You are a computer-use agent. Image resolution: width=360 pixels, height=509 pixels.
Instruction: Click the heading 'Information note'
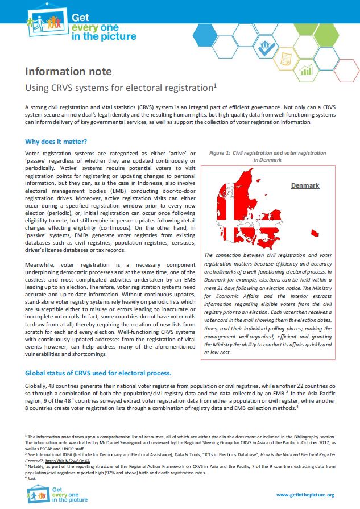coord(68,72)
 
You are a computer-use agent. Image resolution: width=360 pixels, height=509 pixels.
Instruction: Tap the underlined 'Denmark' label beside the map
coord(305,186)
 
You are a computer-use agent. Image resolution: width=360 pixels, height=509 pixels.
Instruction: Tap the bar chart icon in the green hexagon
coord(307,70)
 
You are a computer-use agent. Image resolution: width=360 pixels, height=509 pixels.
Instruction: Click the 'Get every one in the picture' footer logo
coord(56,494)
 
